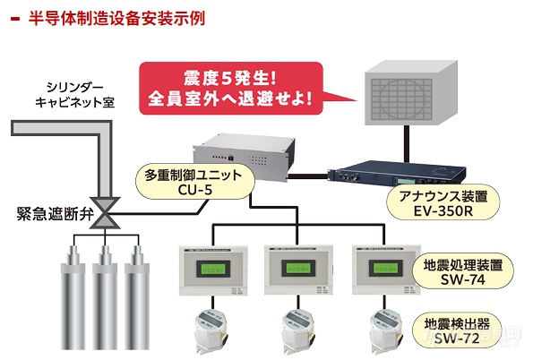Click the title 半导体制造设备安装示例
point(116,18)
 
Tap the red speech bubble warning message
point(231,89)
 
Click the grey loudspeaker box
point(411,92)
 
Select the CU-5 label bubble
point(194,182)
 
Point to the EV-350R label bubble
point(443,203)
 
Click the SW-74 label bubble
point(462,271)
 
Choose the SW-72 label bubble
point(457,330)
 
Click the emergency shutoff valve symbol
point(105,213)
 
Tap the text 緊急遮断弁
point(55,214)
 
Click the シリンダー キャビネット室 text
point(74,95)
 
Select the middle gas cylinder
point(105,297)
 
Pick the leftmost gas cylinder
point(73,297)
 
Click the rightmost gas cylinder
point(137,297)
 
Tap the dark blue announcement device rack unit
point(396,173)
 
